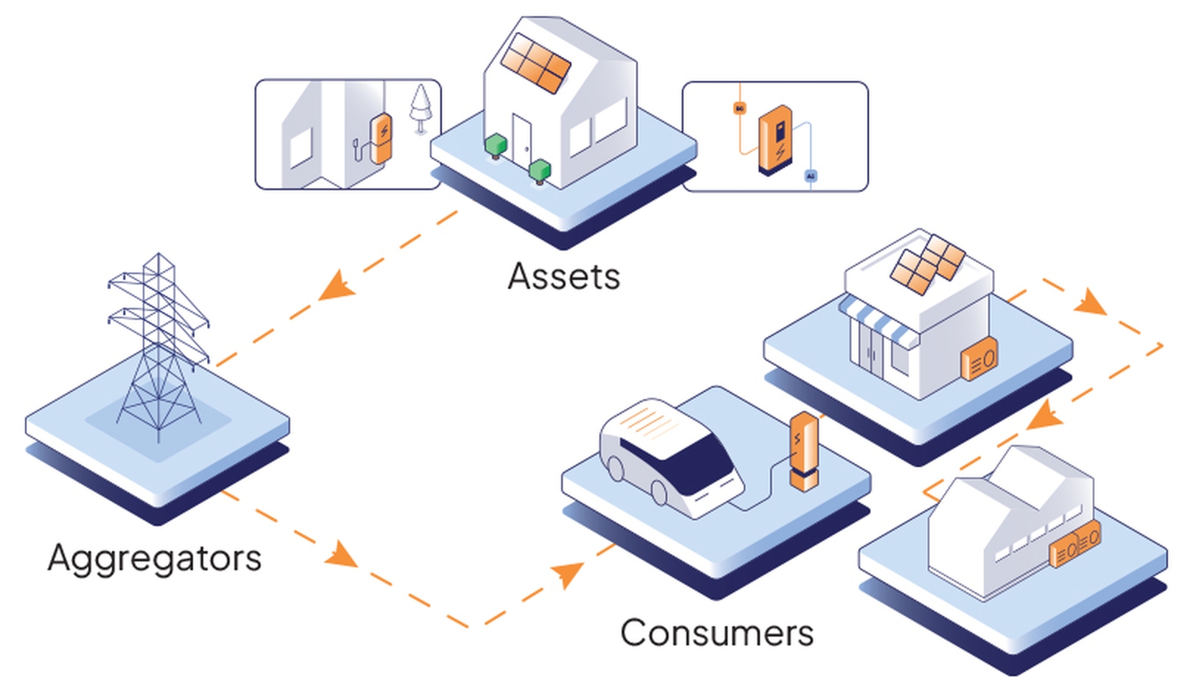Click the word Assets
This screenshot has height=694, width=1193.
click(564, 277)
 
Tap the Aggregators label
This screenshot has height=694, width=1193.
click(155, 558)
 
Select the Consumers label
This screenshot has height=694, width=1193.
click(717, 633)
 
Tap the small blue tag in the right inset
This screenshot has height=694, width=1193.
click(811, 177)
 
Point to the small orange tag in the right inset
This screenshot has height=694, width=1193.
click(739, 108)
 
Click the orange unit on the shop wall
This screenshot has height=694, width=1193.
click(980, 360)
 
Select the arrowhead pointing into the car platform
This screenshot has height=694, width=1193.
click(568, 572)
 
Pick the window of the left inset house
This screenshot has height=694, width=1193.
click(300, 147)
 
